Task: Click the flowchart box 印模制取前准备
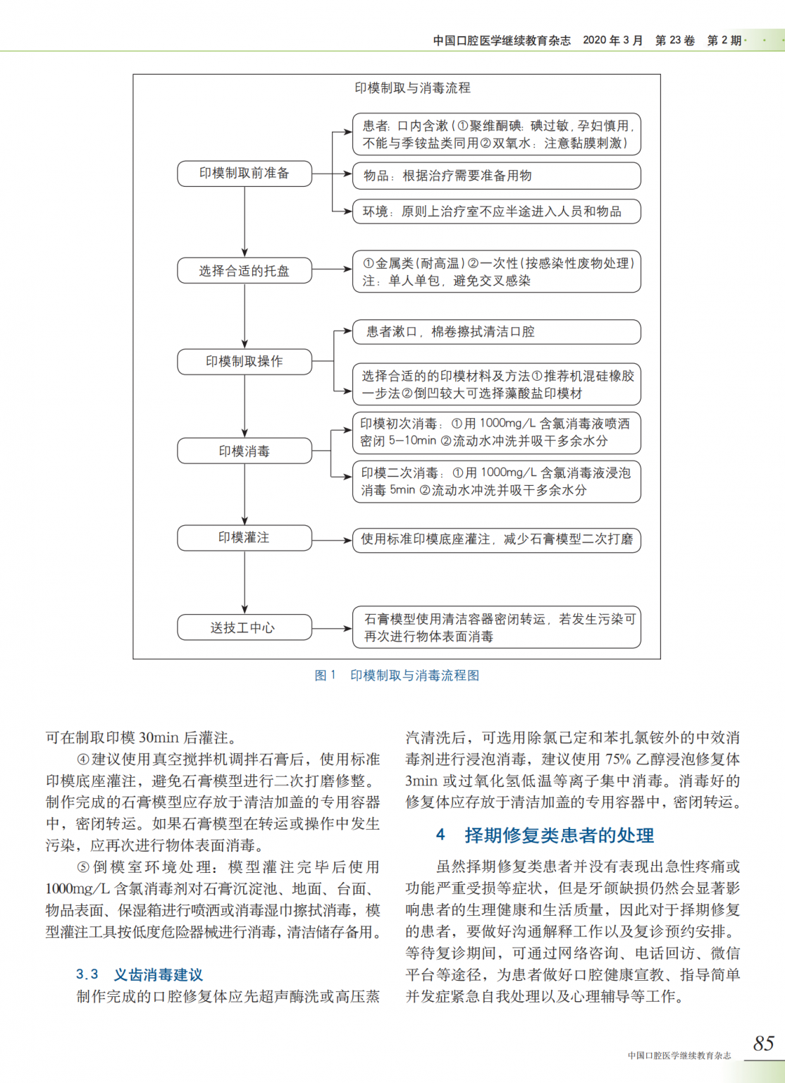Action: [x=244, y=173]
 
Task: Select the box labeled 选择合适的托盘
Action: [x=244, y=271]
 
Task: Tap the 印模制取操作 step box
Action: [x=244, y=361]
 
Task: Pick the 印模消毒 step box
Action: [x=244, y=451]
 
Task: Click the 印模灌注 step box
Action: [x=244, y=538]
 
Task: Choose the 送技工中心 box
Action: [x=244, y=628]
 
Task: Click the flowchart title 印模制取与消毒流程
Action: [x=412, y=88]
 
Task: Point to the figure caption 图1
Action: [x=325, y=675]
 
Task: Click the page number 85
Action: [x=763, y=1044]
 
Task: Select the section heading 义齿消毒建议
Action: [x=158, y=975]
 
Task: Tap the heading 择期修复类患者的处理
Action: [x=559, y=836]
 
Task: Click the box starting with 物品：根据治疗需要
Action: [x=496, y=176]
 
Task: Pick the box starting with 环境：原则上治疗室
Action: [x=496, y=212]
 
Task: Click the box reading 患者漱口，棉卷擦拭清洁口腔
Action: [x=496, y=332]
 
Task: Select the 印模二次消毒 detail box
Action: [x=496, y=482]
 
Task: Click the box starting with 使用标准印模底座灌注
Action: [x=496, y=540]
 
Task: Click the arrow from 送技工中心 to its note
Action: [x=332, y=628]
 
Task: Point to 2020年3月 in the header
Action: [x=612, y=40]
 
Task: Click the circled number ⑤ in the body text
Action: [x=83, y=867]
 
